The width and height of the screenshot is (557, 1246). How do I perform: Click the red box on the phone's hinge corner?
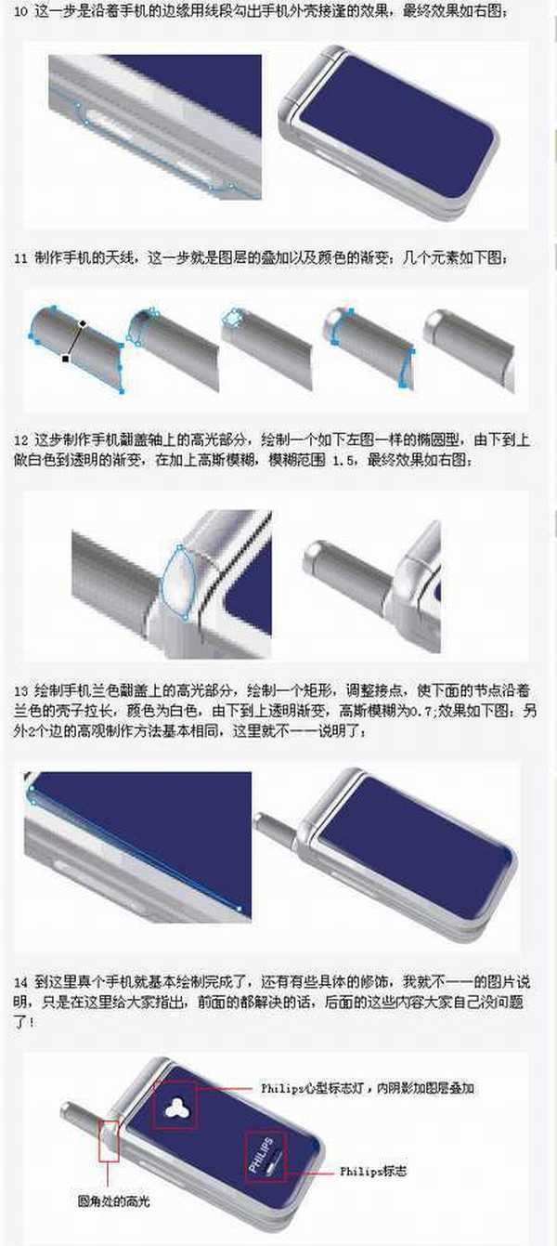coord(109,1138)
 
